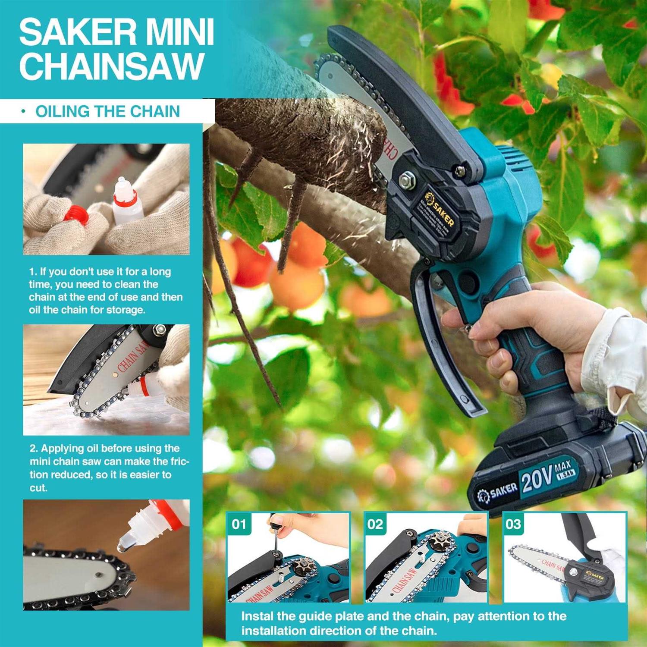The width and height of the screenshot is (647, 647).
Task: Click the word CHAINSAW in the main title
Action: click(x=111, y=66)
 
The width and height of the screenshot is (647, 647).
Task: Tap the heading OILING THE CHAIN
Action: click(x=107, y=111)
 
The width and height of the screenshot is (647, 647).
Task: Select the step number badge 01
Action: click(x=239, y=524)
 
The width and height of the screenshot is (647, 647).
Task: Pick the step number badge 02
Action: click(x=375, y=524)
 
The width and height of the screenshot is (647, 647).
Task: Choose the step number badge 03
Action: click(x=513, y=524)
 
